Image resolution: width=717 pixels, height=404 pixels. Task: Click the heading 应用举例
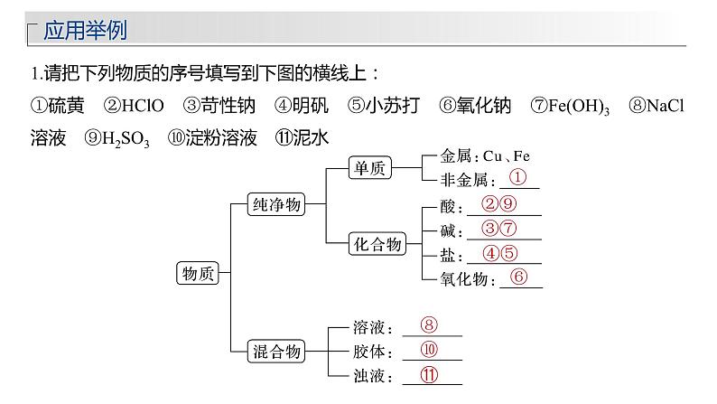pos(85,30)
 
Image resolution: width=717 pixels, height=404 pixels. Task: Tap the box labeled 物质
pos(198,273)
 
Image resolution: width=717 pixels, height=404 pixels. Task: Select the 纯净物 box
pos(276,204)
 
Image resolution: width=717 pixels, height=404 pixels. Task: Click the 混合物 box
pos(276,352)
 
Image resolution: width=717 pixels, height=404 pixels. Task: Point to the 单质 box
pos(370,167)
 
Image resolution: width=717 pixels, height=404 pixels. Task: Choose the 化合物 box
pos(377,243)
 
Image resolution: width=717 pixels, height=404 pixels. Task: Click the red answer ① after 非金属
pos(517,177)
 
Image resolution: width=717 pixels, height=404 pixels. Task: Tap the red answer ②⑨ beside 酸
pos(498,203)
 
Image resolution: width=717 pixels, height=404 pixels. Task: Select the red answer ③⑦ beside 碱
pos(498,228)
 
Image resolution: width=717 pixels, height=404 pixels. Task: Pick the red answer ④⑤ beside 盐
pos(499,253)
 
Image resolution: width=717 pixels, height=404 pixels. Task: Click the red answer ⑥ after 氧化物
pos(518,277)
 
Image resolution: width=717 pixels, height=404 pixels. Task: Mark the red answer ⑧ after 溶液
pos(429,324)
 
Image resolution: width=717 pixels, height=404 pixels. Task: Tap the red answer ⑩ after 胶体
pos(429,350)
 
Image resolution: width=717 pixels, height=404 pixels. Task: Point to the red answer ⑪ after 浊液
pos(429,375)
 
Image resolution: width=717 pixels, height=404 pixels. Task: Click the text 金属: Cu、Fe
pos(485,156)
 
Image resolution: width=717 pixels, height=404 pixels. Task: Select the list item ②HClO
pos(134,105)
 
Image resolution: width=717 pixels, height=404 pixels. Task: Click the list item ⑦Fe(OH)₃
pos(570,106)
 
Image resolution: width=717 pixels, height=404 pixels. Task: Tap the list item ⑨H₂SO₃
pos(116,138)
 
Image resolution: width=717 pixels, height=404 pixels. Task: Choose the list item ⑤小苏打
pos(384,105)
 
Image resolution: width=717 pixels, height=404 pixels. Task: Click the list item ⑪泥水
pos(302,137)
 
